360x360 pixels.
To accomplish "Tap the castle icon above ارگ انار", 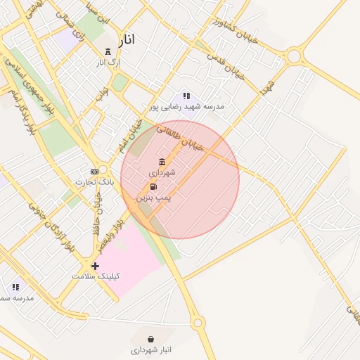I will pyautogui.click(x=108, y=51).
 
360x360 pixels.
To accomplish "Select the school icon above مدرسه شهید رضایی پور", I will pyautogui.click(x=186, y=96).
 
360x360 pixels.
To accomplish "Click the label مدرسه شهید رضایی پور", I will pyautogui.click(x=186, y=107).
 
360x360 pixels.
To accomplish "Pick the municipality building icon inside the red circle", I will pyautogui.click(x=162, y=162).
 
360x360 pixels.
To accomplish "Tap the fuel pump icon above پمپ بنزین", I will pyautogui.click(x=153, y=187).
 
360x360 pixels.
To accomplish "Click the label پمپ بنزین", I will pyautogui.click(x=153, y=199).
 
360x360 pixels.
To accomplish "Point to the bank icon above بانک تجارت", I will pyautogui.click(x=94, y=171).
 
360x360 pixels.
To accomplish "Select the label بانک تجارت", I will pyautogui.click(x=94, y=182).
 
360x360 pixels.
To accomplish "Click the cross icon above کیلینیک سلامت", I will pyautogui.click(x=95, y=266).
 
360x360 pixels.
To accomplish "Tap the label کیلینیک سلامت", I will pyautogui.click(x=96, y=276).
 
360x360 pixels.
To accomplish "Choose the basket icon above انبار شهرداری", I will pyautogui.click(x=151, y=339).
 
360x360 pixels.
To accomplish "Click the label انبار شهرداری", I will pyautogui.click(x=151, y=349).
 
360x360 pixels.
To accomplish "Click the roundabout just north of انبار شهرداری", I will pyautogui.click(x=198, y=323).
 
